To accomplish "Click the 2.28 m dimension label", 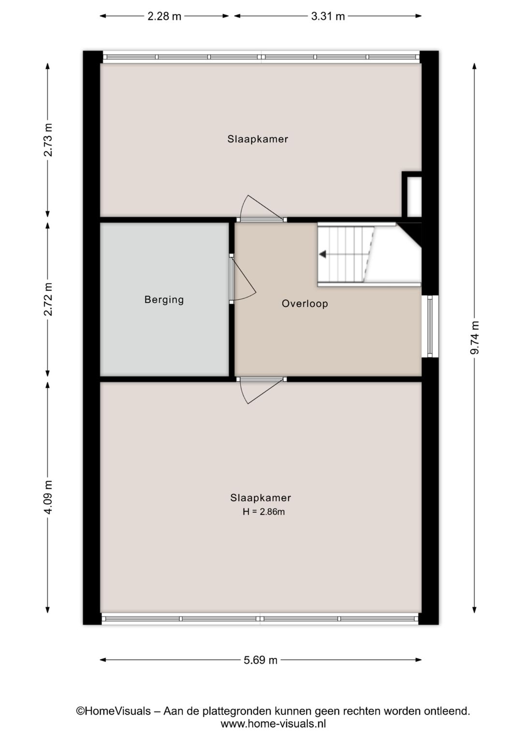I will click(164, 16).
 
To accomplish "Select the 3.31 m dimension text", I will click(328, 16).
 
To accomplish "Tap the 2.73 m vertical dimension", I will click(48, 140).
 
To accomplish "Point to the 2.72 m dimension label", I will click(48, 299).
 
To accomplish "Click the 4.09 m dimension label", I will click(48, 497).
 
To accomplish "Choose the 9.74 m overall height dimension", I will click(475, 338).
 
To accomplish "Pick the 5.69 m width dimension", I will click(261, 660).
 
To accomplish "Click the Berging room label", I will click(164, 299).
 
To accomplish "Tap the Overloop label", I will click(304, 303).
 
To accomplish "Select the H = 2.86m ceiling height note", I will click(263, 512).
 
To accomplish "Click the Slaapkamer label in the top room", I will click(258, 139).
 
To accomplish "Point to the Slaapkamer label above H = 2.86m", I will click(261, 498).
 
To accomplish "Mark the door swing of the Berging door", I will click(243, 279).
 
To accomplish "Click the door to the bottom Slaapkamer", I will click(261, 390).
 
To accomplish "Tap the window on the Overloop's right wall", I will click(430, 326).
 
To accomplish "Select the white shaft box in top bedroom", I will click(414, 197).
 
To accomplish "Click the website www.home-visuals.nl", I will click(273, 723).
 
